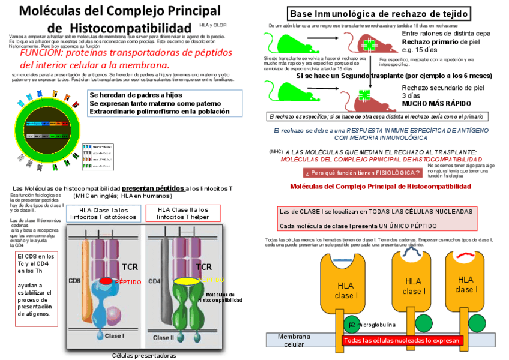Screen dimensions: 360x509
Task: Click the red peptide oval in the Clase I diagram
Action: coord(106,280)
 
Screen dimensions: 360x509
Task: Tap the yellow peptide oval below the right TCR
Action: coord(185,280)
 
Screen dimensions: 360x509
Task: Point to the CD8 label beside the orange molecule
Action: coord(74,280)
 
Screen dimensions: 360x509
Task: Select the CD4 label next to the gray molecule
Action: coord(154,280)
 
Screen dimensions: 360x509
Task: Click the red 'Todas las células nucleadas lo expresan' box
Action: coord(402,340)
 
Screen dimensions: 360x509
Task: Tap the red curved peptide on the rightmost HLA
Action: coord(465,257)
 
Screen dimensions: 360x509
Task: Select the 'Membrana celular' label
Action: coord(294,340)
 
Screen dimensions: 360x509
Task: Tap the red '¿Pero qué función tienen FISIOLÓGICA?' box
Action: coord(362,173)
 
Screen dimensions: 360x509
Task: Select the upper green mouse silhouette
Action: coord(289,43)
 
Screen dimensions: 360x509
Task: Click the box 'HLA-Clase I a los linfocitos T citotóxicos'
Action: coord(103,214)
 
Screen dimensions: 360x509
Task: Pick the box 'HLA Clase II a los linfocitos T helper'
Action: coord(183,213)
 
